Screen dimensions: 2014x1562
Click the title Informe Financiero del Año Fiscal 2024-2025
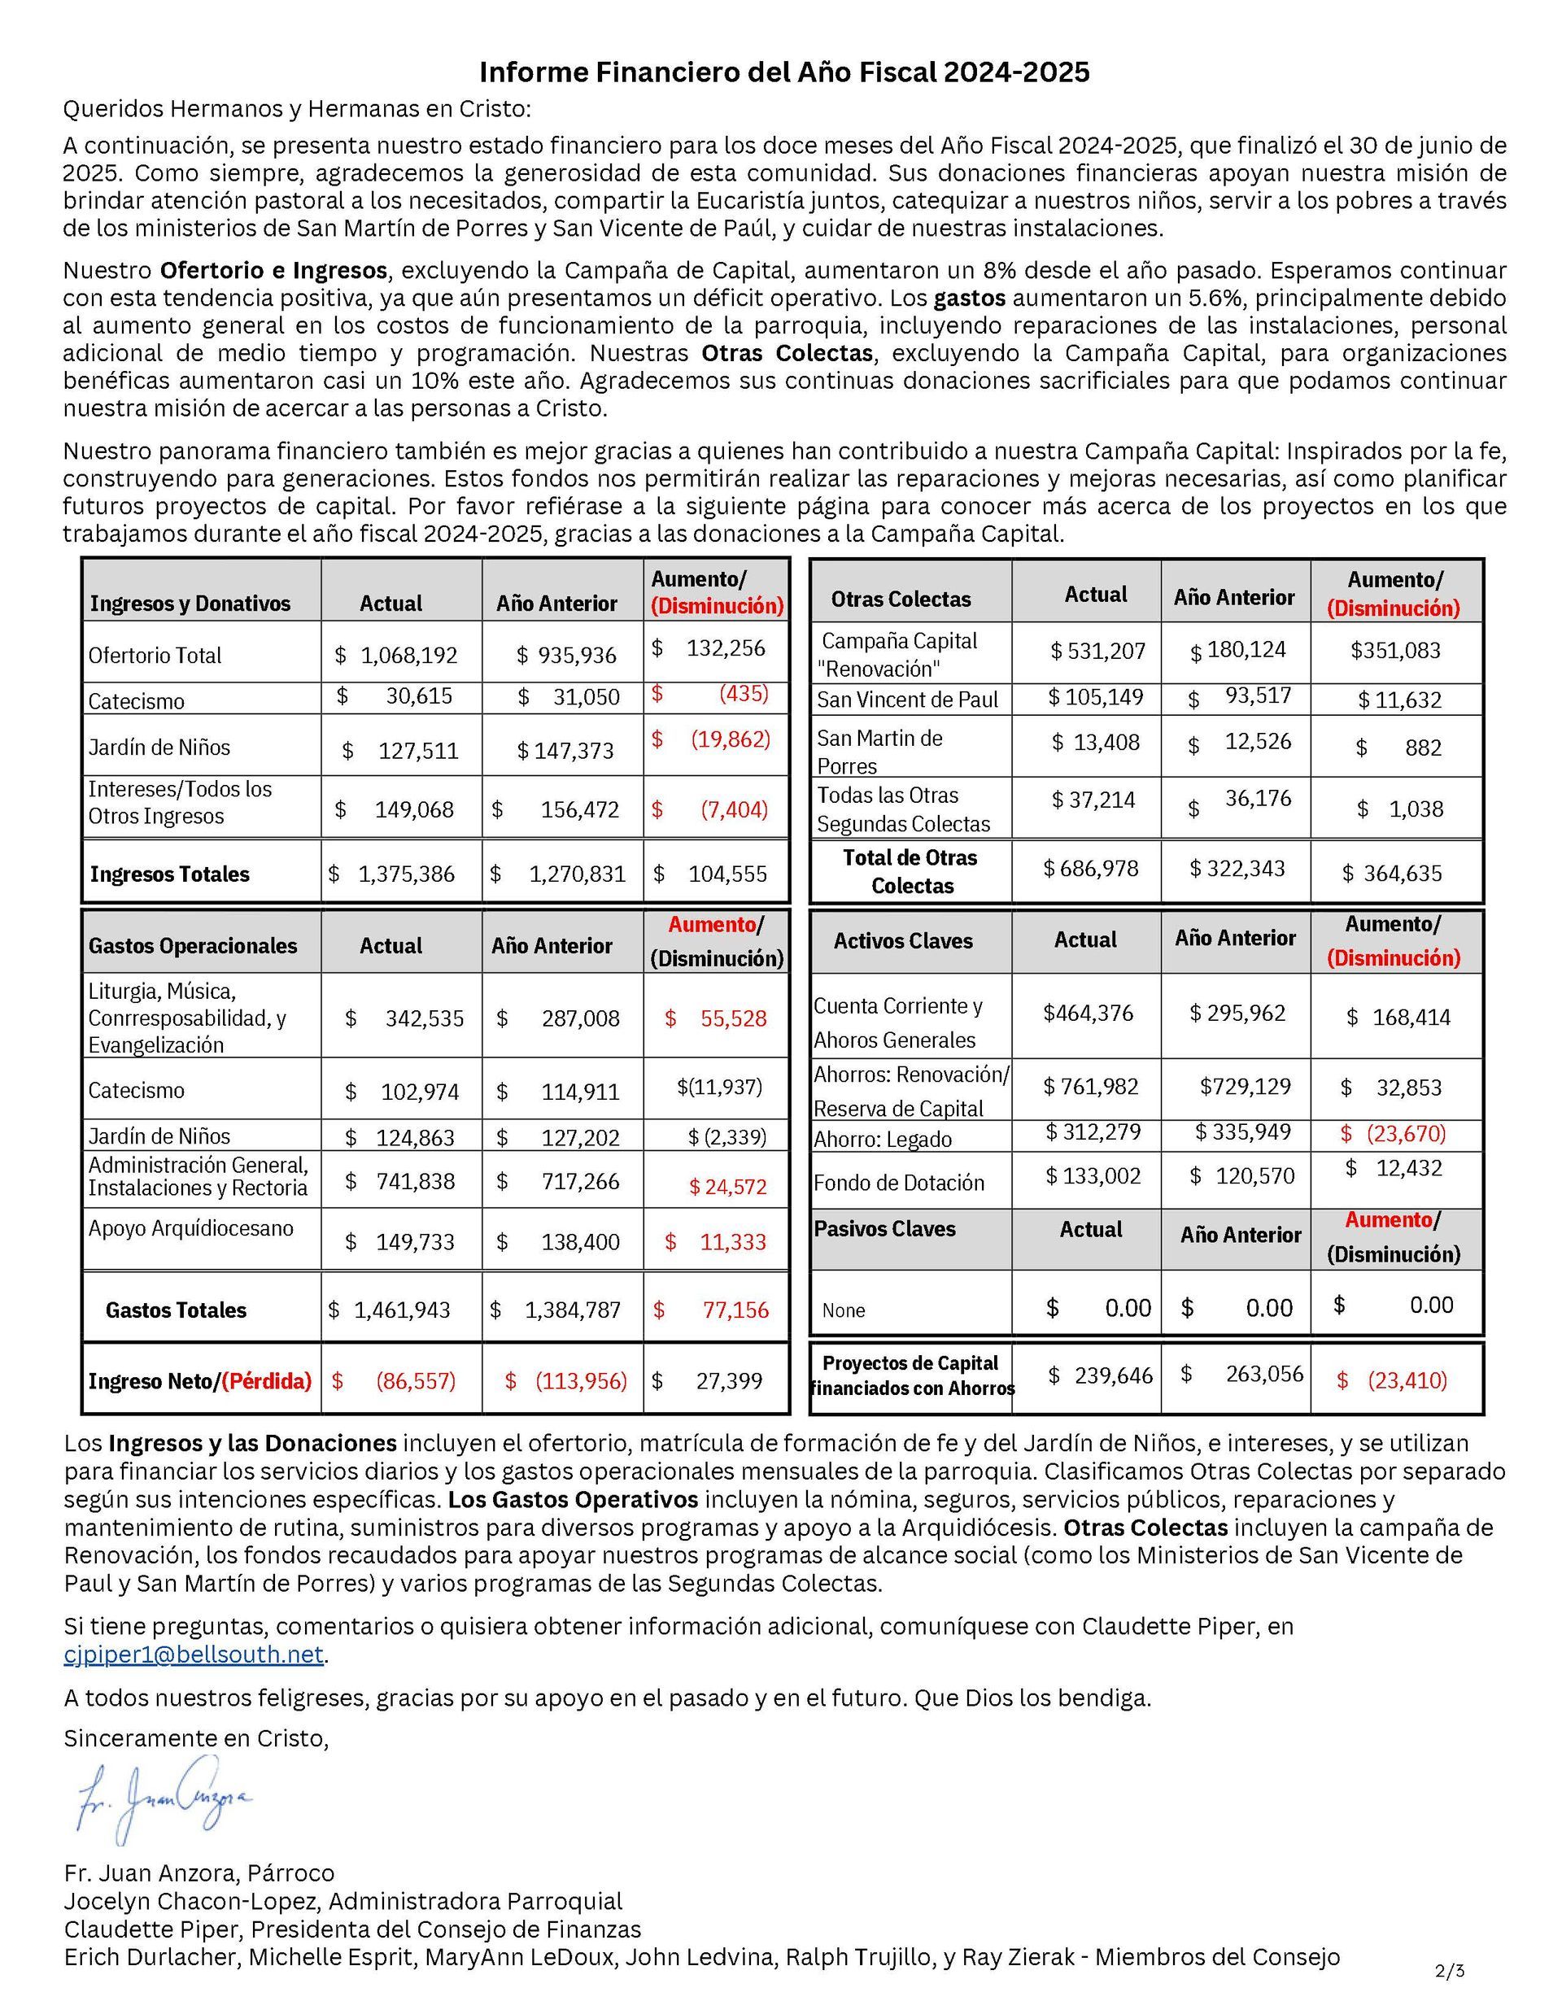pyautogui.click(x=783, y=72)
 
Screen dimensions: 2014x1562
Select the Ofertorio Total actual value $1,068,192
pyautogui.click(x=396, y=656)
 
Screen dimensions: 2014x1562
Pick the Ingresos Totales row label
pyautogui.click(x=170, y=874)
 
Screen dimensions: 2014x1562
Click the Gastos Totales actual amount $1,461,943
pyautogui.click(x=391, y=1310)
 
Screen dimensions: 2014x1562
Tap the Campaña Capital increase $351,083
pyautogui.click(x=1395, y=651)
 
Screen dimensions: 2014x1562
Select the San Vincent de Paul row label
pyautogui.click(x=907, y=700)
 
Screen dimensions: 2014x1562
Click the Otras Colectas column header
pyautogui.click(x=901, y=599)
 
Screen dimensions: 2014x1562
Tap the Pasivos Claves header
pyautogui.click(x=884, y=1229)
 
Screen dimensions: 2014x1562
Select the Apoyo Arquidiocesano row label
pyautogui.click(x=191, y=1228)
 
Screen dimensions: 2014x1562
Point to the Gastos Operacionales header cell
pyautogui.click(x=193, y=946)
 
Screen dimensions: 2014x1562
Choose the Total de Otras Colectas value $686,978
pyautogui.click(x=1091, y=869)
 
